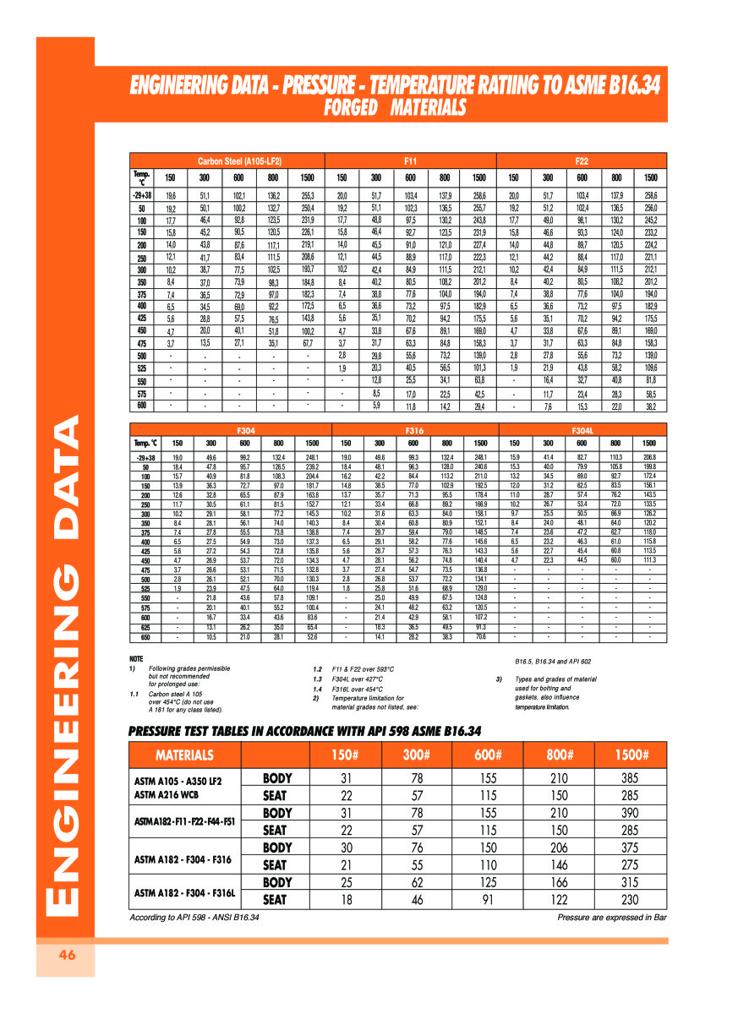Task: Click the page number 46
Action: coord(66,956)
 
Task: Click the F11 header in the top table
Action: coord(412,160)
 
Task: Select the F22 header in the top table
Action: coord(582,160)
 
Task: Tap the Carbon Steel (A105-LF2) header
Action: coord(239,160)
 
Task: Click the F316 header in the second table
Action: coord(413,429)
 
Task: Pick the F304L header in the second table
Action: coord(582,429)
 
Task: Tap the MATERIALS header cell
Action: coord(184,755)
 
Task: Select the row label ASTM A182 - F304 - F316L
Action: coord(184,891)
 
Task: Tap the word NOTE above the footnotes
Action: coord(136,659)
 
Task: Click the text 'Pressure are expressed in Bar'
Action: coord(612,918)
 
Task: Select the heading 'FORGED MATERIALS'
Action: coord(395,108)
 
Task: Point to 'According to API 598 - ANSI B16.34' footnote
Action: coord(194,918)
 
